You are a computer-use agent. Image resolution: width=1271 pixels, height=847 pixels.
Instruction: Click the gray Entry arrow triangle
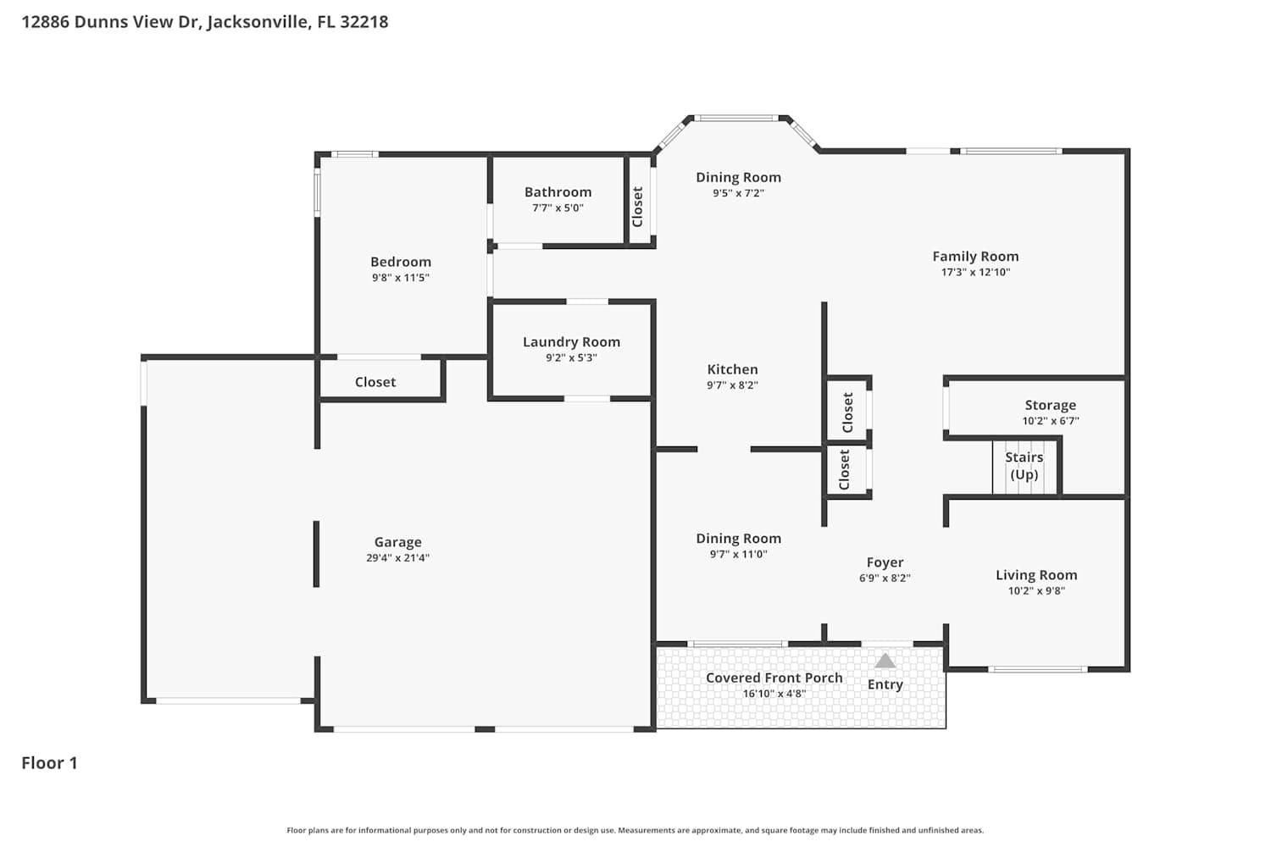click(885, 661)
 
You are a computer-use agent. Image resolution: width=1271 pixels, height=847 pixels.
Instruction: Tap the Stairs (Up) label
click(1024, 466)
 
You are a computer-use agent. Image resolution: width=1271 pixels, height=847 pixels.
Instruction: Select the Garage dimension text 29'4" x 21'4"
click(397, 557)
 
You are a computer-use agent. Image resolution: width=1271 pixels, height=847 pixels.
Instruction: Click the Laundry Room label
click(571, 342)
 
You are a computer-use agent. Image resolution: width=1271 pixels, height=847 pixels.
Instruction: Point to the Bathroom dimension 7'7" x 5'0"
click(558, 208)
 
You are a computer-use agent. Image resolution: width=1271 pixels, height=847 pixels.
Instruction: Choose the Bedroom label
click(401, 262)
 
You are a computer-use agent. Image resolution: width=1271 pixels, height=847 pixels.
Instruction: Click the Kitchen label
click(733, 369)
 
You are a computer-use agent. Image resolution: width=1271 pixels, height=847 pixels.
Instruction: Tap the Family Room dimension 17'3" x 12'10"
click(975, 272)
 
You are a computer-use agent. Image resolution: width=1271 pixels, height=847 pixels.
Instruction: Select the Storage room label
click(1051, 405)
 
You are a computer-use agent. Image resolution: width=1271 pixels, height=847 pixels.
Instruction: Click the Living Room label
click(1036, 575)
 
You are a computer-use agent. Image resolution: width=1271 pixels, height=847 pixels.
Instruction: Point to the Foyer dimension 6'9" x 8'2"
click(885, 579)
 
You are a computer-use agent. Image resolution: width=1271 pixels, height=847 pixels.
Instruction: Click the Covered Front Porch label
click(774, 678)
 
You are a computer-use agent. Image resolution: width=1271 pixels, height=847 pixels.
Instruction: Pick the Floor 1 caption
click(49, 763)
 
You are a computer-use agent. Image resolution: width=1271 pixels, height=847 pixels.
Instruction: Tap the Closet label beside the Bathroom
click(637, 207)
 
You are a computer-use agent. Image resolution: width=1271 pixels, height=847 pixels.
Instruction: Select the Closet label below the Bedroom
click(375, 382)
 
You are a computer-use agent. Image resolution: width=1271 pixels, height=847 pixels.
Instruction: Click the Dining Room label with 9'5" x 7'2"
click(738, 178)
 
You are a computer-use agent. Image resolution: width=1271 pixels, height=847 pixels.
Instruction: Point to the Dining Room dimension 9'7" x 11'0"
click(738, 554)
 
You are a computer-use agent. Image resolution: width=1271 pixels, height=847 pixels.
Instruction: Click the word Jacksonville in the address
click(259, 21)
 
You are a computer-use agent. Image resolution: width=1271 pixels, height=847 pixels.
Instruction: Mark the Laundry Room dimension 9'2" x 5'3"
click(571, 358)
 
